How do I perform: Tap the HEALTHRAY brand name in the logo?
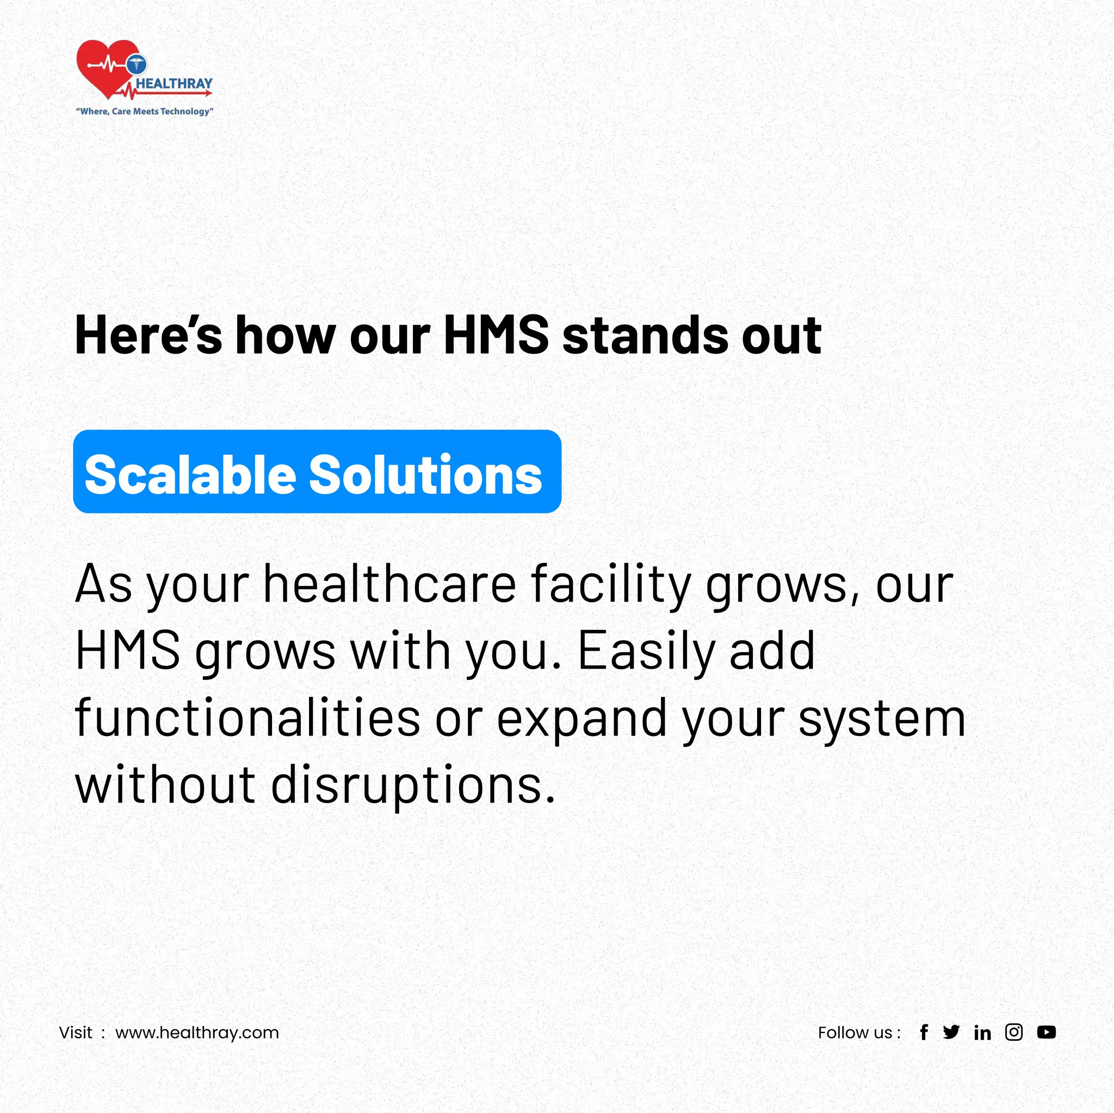click(174, 84)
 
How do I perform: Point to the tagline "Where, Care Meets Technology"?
click(145, 112)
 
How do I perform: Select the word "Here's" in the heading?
click(148, 336)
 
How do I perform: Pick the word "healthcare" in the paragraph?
click(390, 584)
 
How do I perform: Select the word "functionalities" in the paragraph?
click(247, 718)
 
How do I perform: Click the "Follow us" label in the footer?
click(858, 1032)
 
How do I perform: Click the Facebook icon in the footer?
click(924, 1032)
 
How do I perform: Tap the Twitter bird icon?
click(951, 1032)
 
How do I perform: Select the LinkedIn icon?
click(982, 1032)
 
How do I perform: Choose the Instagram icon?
click(1014, 1032)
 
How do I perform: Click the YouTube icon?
click(1046, 1032)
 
